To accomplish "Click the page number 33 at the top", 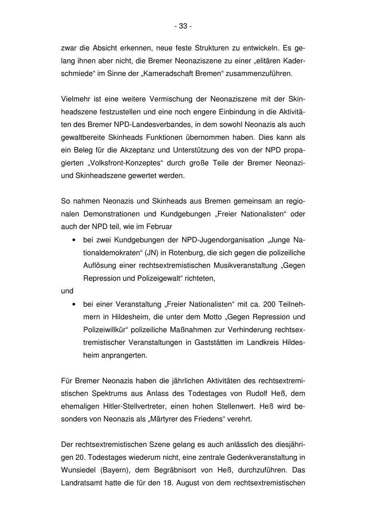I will click(183, 26).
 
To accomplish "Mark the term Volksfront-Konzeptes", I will click(124, 163).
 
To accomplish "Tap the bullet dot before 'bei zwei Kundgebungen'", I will click(73, 240).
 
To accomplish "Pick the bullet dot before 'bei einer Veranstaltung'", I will click(73, 304).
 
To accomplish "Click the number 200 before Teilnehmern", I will click(270, 304).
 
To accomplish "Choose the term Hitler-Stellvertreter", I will click(135, 406).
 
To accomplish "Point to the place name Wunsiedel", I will click(78, 470).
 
